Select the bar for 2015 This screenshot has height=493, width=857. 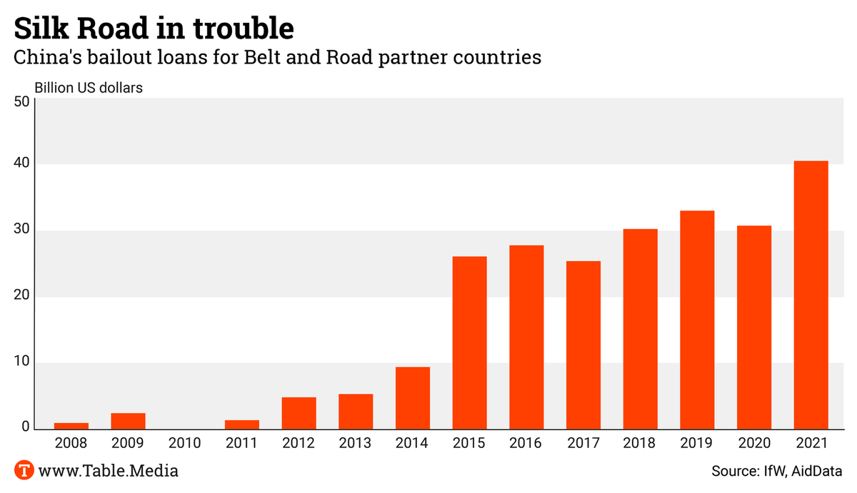pyautogui.click(x=469, y=342)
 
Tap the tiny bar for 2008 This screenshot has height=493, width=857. pyautogui.click(x=71, y=426)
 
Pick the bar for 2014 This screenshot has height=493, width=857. pyautogui.click(x=413, y=398)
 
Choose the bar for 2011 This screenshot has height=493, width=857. pyautogui.click(x=241, y=425)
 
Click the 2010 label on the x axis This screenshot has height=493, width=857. pyautogui.click(x=185, y=444)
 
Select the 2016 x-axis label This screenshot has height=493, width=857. pyautogui.click(x=526, y=444)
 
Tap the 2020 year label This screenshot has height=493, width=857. pyautogui.click(x=754, y=444)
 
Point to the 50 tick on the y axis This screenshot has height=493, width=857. pyautogui.click(x=21, y=101)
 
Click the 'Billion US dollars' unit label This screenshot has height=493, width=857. pyautogui.click(x=89, y=88)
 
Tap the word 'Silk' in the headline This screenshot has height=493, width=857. pyautogui.click(x=44, y=29)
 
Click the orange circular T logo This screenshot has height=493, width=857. pyautogui.click(x=25, y=471)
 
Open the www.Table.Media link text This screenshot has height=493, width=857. pyautogui.click(x=109, y=471)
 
